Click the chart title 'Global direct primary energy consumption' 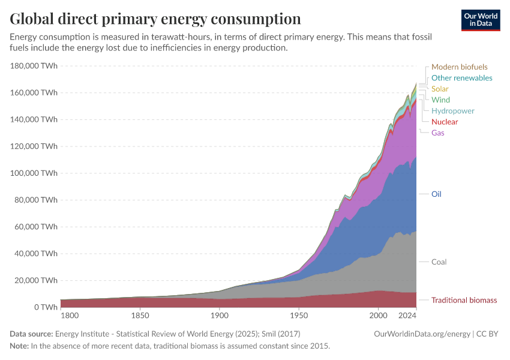tap(155, 19)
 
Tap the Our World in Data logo tap(480, 20)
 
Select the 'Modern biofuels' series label tap(459, 67)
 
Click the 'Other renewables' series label tap(461, 78)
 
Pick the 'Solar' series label tap(440, 89)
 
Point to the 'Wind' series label tap(440, 100)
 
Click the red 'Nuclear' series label tap(444, 122)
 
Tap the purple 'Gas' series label tap(437, 133)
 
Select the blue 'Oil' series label tap(436, 194)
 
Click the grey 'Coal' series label tap(439, 262)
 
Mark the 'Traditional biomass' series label tap(464, 300)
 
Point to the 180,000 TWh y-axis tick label tap(34, 66)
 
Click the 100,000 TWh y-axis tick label tap(34, 173)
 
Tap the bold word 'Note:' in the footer tap(20, 346)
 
